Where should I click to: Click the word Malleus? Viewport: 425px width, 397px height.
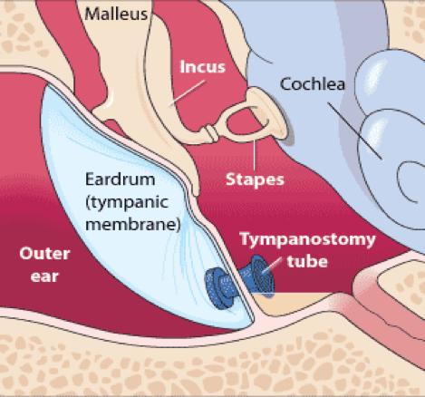[116, 15]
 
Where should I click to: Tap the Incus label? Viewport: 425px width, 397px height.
[203, 67]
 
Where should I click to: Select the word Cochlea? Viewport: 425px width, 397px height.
[313, 84]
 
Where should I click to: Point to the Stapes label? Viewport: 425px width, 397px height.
[255, 179]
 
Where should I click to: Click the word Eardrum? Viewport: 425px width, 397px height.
[121, 179]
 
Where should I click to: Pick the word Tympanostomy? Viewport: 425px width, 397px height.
[307, 239]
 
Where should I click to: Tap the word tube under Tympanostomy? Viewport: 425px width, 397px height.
[307, 261]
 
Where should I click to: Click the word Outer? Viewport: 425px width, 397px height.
[44, 254]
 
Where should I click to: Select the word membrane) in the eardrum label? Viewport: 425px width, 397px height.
[133, 225]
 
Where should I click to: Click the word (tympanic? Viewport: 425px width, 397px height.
[127, 202]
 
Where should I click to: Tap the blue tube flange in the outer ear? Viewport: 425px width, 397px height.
[217, 288]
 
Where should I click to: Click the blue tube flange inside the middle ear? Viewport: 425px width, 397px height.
[262, 273]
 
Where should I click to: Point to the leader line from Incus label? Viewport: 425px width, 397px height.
[188, 92]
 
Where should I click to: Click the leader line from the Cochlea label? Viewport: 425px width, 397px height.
[355, 131]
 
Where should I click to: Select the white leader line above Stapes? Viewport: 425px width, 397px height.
[255, 155]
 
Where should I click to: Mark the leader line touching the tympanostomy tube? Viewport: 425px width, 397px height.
[273, 265]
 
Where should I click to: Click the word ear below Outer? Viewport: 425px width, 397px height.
[44, 276]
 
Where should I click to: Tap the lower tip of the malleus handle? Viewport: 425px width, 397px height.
[197, 192]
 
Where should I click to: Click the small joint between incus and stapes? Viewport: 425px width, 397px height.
[211, 133]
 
